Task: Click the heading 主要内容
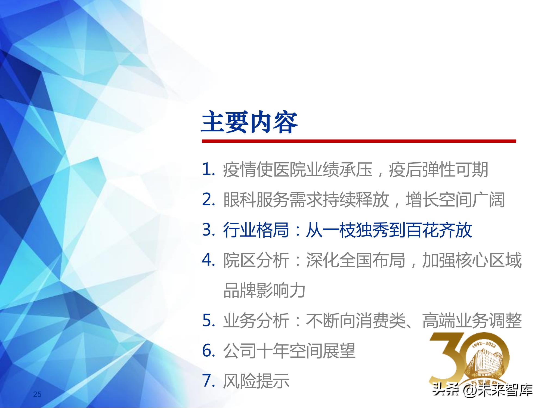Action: tap(249, 122)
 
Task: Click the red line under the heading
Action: tap(359, 141)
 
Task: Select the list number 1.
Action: tap(208, 170)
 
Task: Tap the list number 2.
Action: tap(208, 200)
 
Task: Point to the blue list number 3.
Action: tap(208, 230)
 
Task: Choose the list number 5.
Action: tap(208, 321)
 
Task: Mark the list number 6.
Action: tap(208, 351)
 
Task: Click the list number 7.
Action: tap(208, 381)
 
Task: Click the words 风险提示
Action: tap(256, 381)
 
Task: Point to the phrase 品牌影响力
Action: tap(264, 290)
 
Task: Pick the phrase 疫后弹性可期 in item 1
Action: tap(438, 170)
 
